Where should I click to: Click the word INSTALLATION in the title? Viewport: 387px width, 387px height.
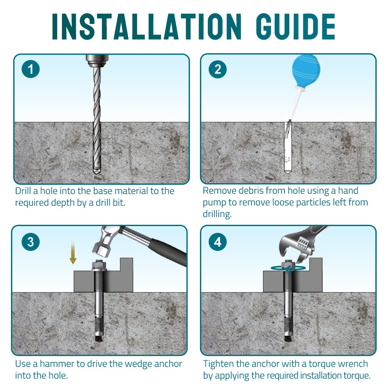tap(147, 26)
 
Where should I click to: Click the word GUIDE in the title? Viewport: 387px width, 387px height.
tap(296, 26)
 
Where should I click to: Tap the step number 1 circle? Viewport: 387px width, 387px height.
tap(31, 69)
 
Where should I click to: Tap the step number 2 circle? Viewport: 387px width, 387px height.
tap(218, 69)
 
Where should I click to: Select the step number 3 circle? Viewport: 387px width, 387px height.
tap(31, 242)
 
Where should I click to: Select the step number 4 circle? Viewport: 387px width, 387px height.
tap(218, 242)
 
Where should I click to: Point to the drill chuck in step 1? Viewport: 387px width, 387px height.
tap(97, 61)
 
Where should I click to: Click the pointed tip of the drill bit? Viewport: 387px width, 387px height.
tap(97, 174)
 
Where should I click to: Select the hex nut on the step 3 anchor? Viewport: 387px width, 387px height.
tap(99, 265)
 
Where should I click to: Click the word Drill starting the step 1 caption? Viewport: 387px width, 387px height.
tap(23, 191)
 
